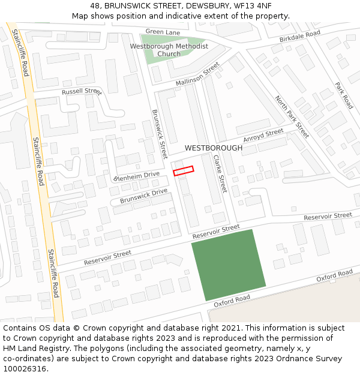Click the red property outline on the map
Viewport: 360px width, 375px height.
[x=184, y=171]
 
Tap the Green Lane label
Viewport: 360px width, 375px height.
[x=163, y=32]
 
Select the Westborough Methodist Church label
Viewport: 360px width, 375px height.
[x=169, y=50]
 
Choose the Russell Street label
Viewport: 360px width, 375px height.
[x=82, y=92]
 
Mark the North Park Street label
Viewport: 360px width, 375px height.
[x=292, y=116]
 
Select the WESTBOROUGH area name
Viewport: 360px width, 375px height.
[x=214, y=148]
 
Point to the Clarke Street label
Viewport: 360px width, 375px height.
[x=220, y=173]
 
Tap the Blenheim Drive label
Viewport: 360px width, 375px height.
[x=136, y=176]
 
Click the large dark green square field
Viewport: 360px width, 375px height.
[x=229, y=265]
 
